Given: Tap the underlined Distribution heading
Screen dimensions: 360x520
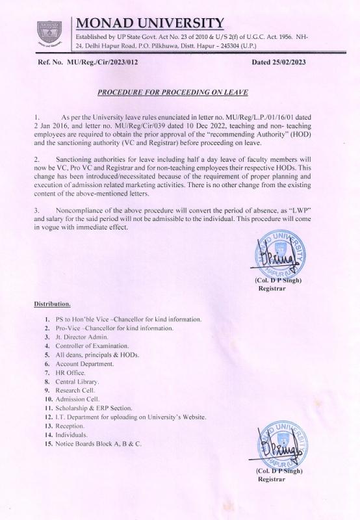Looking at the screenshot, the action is [53, 304].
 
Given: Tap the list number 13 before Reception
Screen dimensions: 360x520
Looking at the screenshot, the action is [48, 426].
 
